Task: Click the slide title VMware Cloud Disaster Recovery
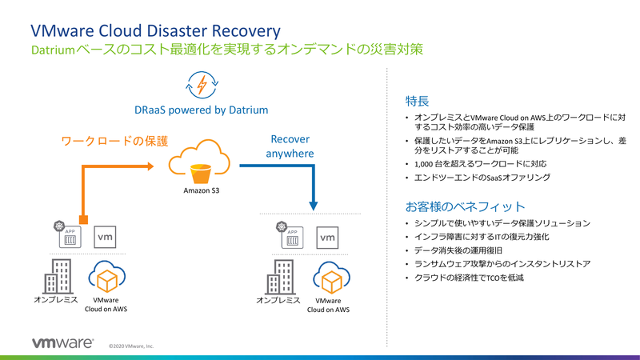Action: coord(155,30)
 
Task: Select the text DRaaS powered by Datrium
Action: coord(201,110)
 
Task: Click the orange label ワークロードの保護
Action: coord(115,142)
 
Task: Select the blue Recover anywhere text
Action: coord(290,146)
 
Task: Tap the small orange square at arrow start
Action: coord(83,219)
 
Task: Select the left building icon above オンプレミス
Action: coord(56,277)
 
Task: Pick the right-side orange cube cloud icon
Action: coord(330,278)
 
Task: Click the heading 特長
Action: coord(418,102)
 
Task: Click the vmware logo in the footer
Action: coord(63,342)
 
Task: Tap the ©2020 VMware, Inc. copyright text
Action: coord(131,346)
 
